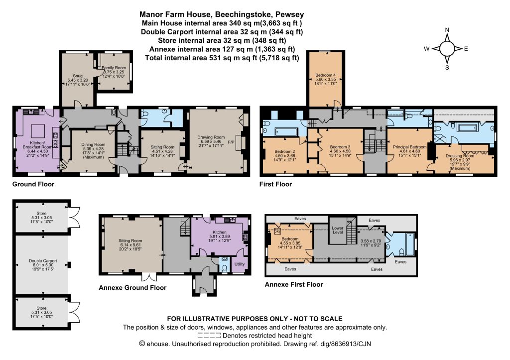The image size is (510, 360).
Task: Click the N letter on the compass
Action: coord(447,30)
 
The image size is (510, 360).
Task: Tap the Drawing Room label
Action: coord(211,137)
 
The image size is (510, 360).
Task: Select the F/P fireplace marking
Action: coord(231,142)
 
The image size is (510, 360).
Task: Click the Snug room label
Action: coord(77,76)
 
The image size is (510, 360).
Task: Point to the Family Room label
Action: coord(114,68)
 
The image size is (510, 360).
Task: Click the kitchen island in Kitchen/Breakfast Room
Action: coord(38,131)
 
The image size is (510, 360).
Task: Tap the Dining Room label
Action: coord(93,144)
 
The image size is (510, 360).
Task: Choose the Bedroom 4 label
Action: coord(326,75)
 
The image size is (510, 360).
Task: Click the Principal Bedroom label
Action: coord(409,147)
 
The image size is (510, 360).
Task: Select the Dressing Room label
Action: coord(460,156)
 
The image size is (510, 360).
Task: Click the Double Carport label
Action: coord(43,261)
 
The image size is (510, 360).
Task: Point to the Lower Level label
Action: coord(338,230)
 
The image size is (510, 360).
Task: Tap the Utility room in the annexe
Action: coord(240,264)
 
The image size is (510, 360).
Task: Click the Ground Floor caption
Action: coord(33,184)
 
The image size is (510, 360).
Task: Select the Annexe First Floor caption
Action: coord(294,284)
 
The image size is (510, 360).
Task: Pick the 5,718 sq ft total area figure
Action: coord(279,58)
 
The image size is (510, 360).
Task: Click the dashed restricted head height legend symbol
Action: coord(209,336)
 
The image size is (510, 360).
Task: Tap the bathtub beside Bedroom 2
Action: coord(286,132)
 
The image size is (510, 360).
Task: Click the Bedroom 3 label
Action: coord(340,147)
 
